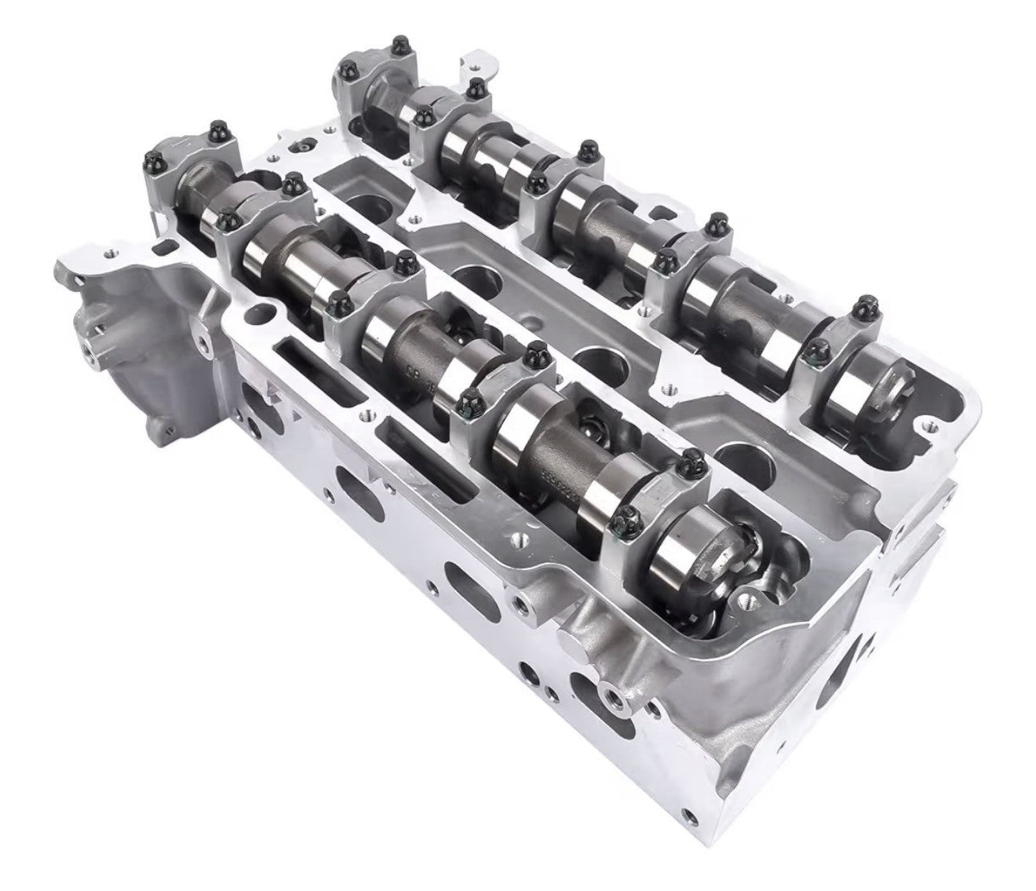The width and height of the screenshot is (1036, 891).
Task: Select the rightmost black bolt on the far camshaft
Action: point(866,304)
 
